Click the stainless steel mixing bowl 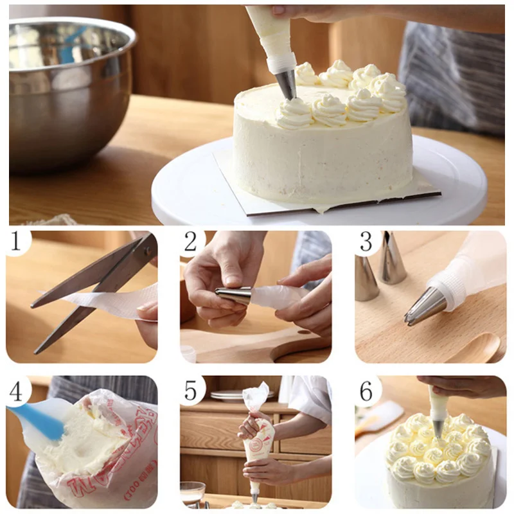pos(67,90)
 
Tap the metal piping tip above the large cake pos(287,84)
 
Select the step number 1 pos(17,242)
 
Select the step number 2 pos(191,242)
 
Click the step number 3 pos(366,242)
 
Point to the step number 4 pos(17,390)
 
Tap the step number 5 pos(191,390)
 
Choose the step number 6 pos(366,390)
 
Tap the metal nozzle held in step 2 pos(235,295)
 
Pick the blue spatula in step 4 pos(39,418)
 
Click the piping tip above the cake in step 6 pos(438,427)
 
